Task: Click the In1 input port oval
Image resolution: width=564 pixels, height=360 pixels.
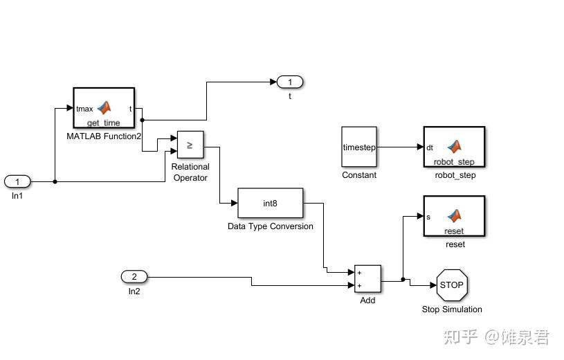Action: click(17, 181)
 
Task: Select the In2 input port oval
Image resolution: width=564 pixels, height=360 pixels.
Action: click(134, 276)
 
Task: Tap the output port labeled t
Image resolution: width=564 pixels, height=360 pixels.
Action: click(290, 82)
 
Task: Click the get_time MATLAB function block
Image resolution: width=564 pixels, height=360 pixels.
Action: click(104, 108)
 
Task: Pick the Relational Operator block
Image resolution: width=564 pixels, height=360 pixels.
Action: click(190, 145)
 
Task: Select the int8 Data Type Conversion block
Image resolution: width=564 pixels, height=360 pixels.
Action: click(270, 203)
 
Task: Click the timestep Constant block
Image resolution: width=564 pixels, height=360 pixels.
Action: click(359, 147)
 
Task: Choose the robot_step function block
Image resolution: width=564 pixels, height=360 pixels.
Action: click(454, 147)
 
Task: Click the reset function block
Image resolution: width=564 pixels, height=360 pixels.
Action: click(454, 216)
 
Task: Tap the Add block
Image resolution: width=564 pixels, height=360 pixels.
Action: click(367, 279)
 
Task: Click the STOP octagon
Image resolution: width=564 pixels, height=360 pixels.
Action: click(452, 285)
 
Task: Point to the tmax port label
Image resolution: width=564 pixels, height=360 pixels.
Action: click(84, 109)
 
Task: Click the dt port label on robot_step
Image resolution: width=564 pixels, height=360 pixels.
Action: click(430, 147)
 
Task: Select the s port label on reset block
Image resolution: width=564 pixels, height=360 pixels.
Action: click(428, 217)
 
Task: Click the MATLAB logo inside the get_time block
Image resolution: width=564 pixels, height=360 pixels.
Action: click(104, 107)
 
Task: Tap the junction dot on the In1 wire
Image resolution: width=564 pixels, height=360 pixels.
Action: click(55, 182)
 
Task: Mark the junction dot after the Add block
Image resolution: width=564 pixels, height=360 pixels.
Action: click(403, 280)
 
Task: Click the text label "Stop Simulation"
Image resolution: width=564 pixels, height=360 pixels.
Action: click(452, 309)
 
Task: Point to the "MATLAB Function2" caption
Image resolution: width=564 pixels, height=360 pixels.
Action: click(104, 136)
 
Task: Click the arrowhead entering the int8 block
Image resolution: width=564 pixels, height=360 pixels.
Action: click(234, 203)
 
